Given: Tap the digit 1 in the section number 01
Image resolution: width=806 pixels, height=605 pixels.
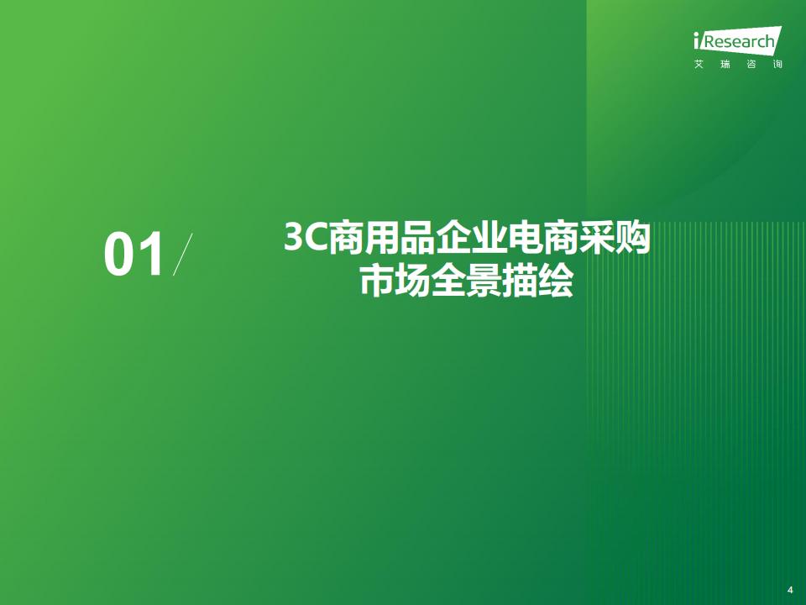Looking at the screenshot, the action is (x=152, y=255).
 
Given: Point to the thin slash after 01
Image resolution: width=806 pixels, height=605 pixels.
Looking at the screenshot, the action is (x=183, y=254).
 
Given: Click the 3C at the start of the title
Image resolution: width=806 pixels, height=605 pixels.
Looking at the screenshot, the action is (x=306, y=237).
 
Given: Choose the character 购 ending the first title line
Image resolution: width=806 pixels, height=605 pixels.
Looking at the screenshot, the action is (x=633, y=237).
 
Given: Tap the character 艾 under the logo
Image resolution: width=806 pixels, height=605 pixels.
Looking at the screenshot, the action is (x=699, y=65).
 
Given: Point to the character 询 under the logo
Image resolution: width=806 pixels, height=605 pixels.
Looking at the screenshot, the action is (x=777, y=65).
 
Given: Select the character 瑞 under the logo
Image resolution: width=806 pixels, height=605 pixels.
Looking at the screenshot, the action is (x=725, y=65).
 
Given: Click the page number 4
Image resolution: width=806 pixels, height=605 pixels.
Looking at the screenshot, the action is (x=791, y=590).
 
